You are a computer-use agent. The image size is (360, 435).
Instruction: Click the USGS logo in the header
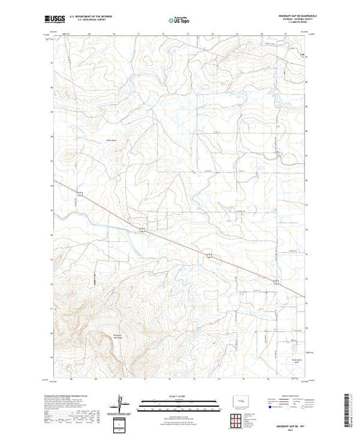click(57, 17)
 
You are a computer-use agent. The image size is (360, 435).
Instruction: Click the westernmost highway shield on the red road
click(81, 194)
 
